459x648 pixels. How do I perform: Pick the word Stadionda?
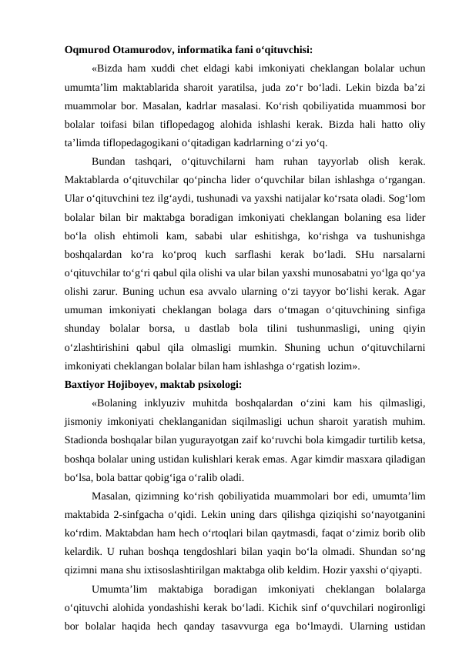click(x=92, y=439)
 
